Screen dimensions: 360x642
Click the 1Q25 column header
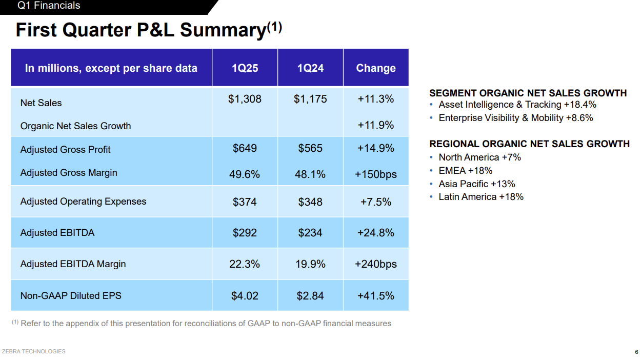[x=245, y=68]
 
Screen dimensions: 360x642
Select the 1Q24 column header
[x=310, y=68]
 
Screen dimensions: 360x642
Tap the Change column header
[x=376, y=68]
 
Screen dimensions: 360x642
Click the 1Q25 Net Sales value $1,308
[x=245, y=99]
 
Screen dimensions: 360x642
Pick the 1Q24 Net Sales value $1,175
[x=310, y=99]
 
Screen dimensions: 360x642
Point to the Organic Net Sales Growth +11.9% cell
[x=376, y=125]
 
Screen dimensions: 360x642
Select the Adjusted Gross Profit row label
[x=66, y=149]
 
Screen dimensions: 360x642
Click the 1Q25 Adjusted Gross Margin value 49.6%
[x=245, y=174]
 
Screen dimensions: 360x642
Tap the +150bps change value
[x=376, y=174]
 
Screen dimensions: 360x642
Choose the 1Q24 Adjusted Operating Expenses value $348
[x=310, y=202]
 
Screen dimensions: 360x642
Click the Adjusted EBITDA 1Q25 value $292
[x=245, y=233]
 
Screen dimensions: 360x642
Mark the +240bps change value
[x=376, y=264]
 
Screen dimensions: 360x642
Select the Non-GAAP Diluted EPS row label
[x=71, y=295]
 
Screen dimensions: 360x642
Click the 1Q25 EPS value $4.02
[x=245, y=296]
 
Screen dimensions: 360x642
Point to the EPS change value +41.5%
[x=376, y=296]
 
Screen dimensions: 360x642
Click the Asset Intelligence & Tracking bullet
[x=517, y=105]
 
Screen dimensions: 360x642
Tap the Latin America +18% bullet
[x=480, y=197]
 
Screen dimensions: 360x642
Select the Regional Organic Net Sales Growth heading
[x=529, y=144]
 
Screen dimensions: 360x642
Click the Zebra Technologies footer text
[x=34, y=351]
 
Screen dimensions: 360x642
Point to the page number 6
[x=636, y=352]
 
